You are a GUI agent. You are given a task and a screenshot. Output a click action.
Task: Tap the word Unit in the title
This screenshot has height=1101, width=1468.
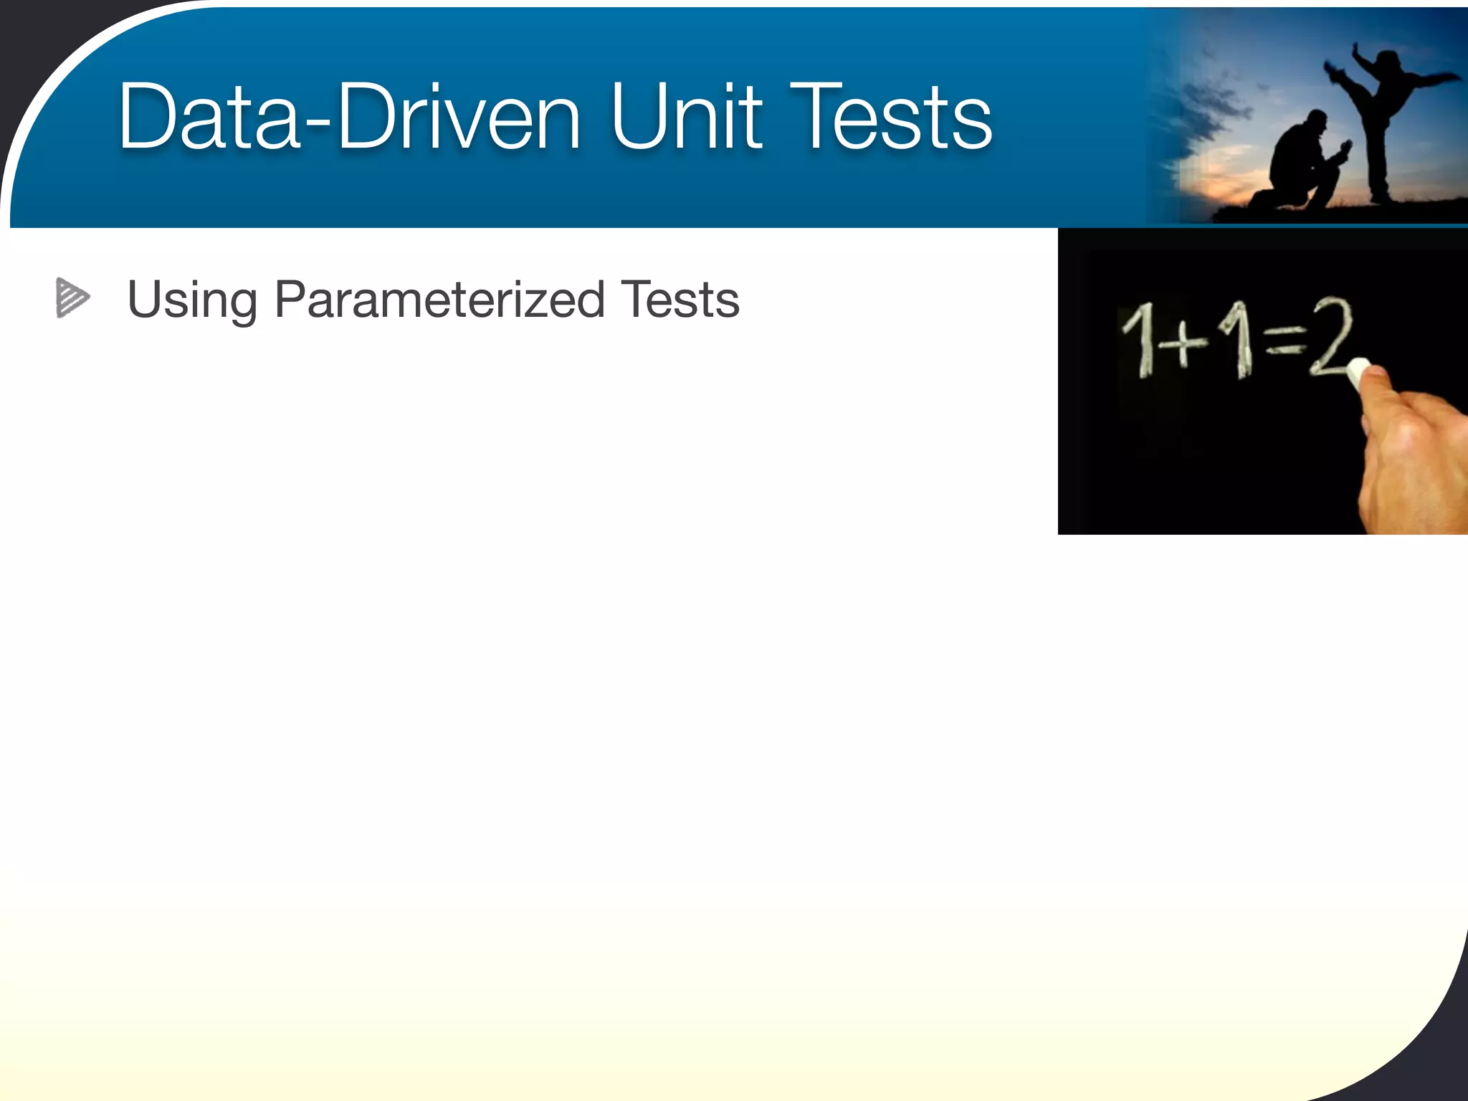(686, 117)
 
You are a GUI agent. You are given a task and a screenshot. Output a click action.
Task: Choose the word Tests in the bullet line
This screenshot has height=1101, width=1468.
(680, 300)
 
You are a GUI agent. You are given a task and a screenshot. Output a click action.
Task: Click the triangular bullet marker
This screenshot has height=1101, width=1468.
(72, 297)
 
